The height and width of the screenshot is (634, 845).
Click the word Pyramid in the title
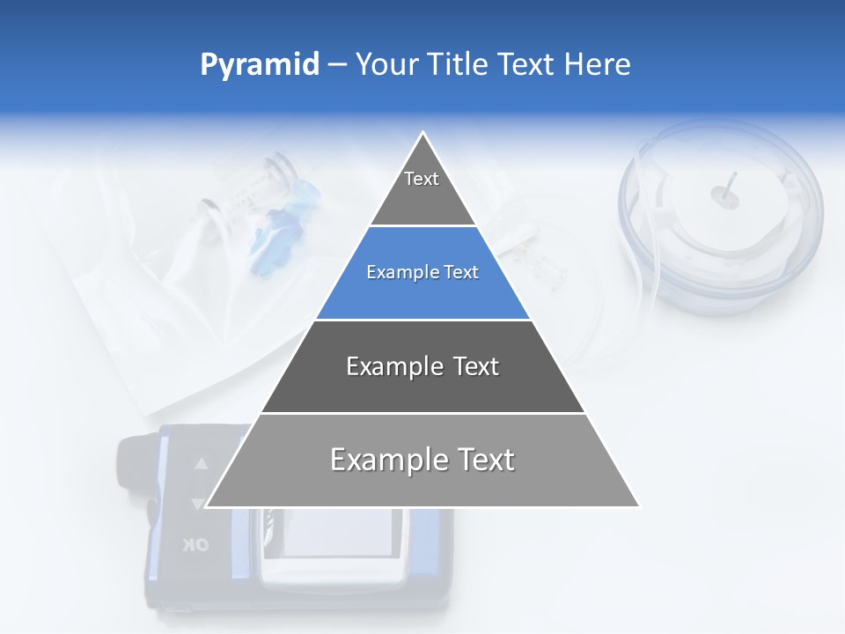[x=260, y=64]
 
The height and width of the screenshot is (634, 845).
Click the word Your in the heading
[x=386, y=64]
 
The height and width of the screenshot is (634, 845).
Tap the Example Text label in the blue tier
[x=422, y=273]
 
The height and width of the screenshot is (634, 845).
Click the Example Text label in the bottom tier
[x=422, y=460]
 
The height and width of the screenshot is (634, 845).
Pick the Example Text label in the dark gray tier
[x=422, y=366]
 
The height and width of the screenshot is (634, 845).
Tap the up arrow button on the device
[x=202, y=463]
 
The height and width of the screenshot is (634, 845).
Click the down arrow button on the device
[x=198, y=504]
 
